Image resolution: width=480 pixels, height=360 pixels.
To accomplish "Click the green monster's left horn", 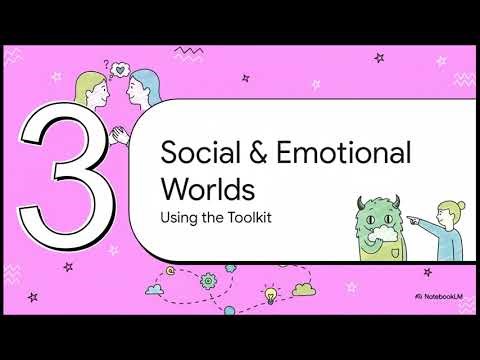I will (x=365, y=200).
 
